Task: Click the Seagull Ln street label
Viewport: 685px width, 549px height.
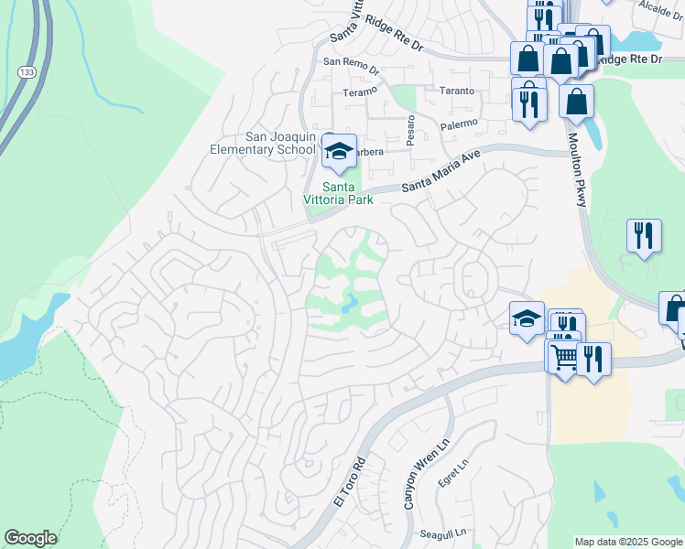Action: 443,533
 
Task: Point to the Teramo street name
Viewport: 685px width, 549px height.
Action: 360,92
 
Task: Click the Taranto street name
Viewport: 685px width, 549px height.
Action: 457,91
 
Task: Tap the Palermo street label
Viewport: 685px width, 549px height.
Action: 459,124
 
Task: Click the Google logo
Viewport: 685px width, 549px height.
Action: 30,538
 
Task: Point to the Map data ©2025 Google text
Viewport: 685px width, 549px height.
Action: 627,542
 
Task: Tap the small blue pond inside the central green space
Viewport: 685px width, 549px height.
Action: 349,301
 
